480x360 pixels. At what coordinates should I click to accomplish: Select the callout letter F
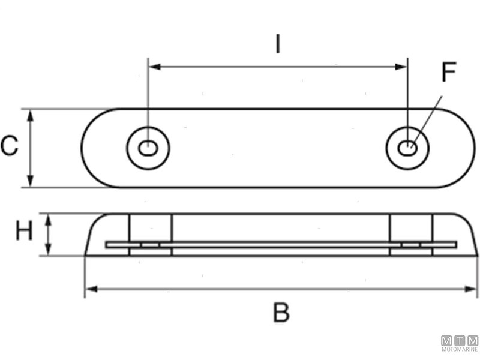pos(448,73)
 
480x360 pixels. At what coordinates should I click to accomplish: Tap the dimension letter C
pos(10,146)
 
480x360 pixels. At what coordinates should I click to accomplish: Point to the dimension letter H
pos(23,232)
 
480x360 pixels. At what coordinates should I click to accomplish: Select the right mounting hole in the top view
pos(408,146)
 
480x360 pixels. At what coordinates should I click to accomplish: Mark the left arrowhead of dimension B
pos(90,290)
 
